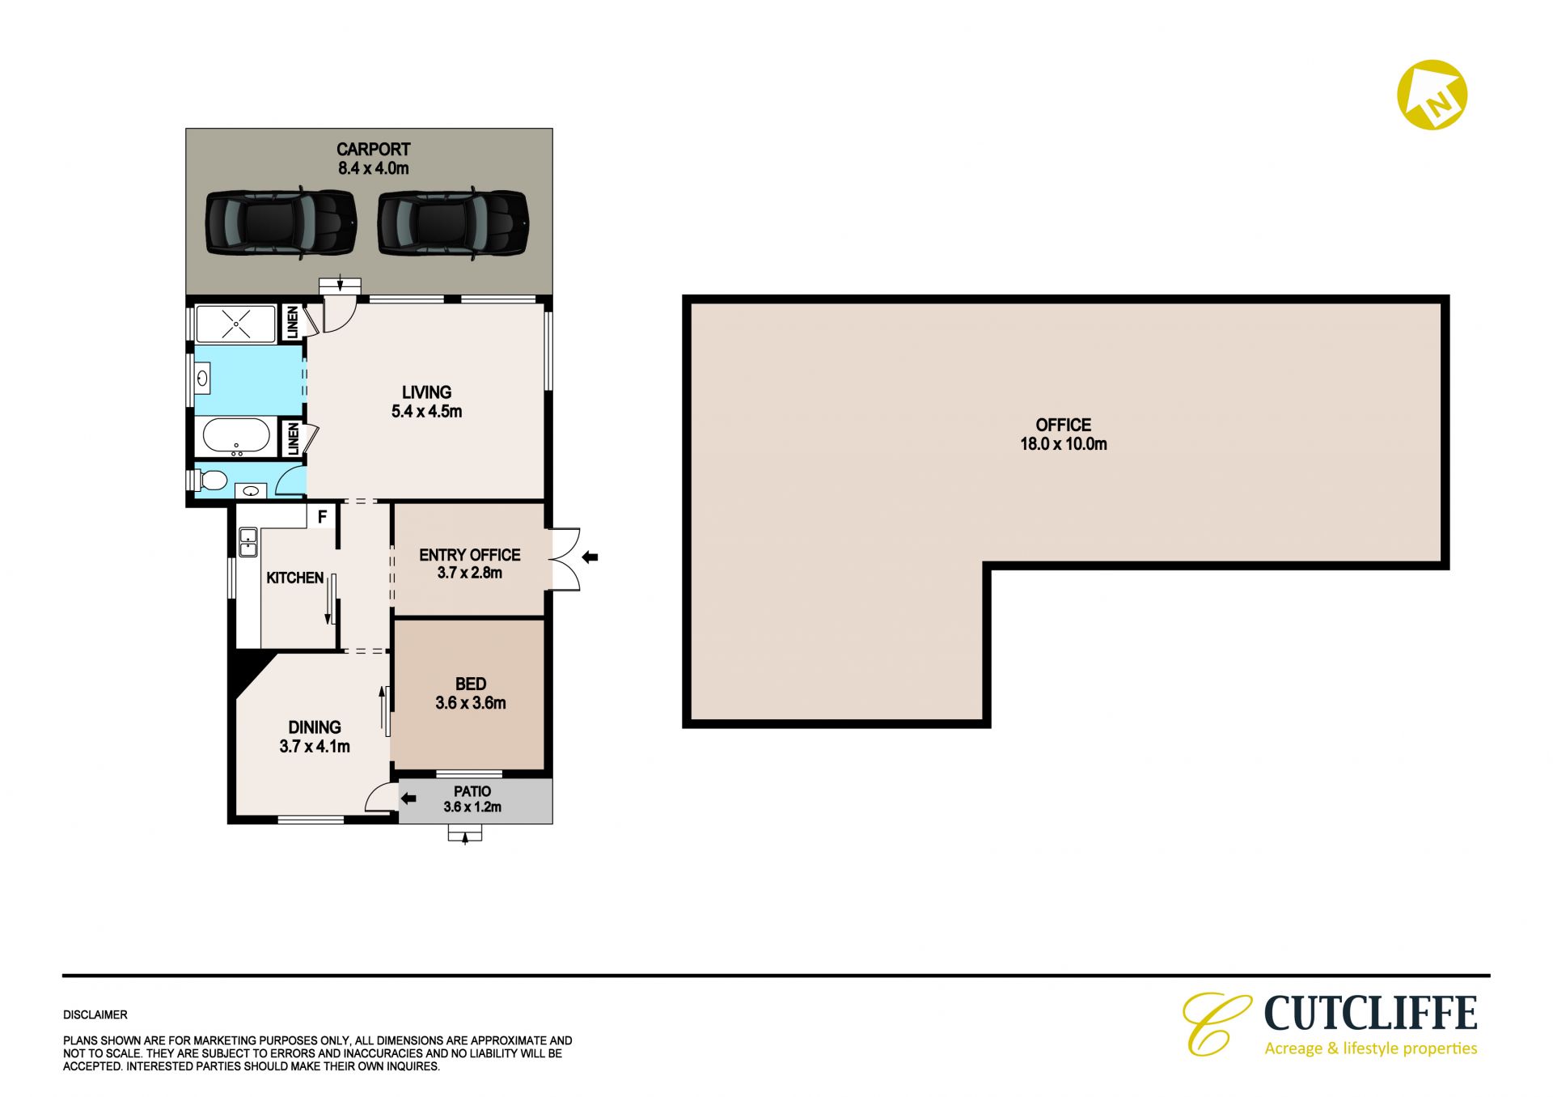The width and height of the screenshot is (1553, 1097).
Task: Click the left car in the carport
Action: [281, 223]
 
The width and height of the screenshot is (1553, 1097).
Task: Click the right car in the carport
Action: [453, 223]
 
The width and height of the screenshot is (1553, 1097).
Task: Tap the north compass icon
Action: [1432, 95]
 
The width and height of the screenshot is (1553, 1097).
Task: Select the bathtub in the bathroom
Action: [236, 437]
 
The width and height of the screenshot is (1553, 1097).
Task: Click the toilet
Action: [210, 481]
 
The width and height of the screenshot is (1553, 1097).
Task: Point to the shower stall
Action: [236, 324]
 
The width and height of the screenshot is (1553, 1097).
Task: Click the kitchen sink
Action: [248, 542]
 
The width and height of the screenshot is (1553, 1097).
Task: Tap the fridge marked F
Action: [322, 516]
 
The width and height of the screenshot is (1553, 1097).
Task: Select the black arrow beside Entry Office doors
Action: [590, 557]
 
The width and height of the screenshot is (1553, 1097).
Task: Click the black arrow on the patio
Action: [408, 798]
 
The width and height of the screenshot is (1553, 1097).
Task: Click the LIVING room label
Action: [427, 392]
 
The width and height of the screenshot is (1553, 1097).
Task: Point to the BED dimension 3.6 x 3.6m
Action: [471, 703]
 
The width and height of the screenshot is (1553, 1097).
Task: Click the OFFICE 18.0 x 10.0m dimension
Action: [1064, 443]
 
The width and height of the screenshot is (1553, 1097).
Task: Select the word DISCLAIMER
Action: [95, 1014]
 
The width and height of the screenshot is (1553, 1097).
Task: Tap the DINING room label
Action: [315, 727]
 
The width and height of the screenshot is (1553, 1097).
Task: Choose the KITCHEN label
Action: [295, 578]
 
